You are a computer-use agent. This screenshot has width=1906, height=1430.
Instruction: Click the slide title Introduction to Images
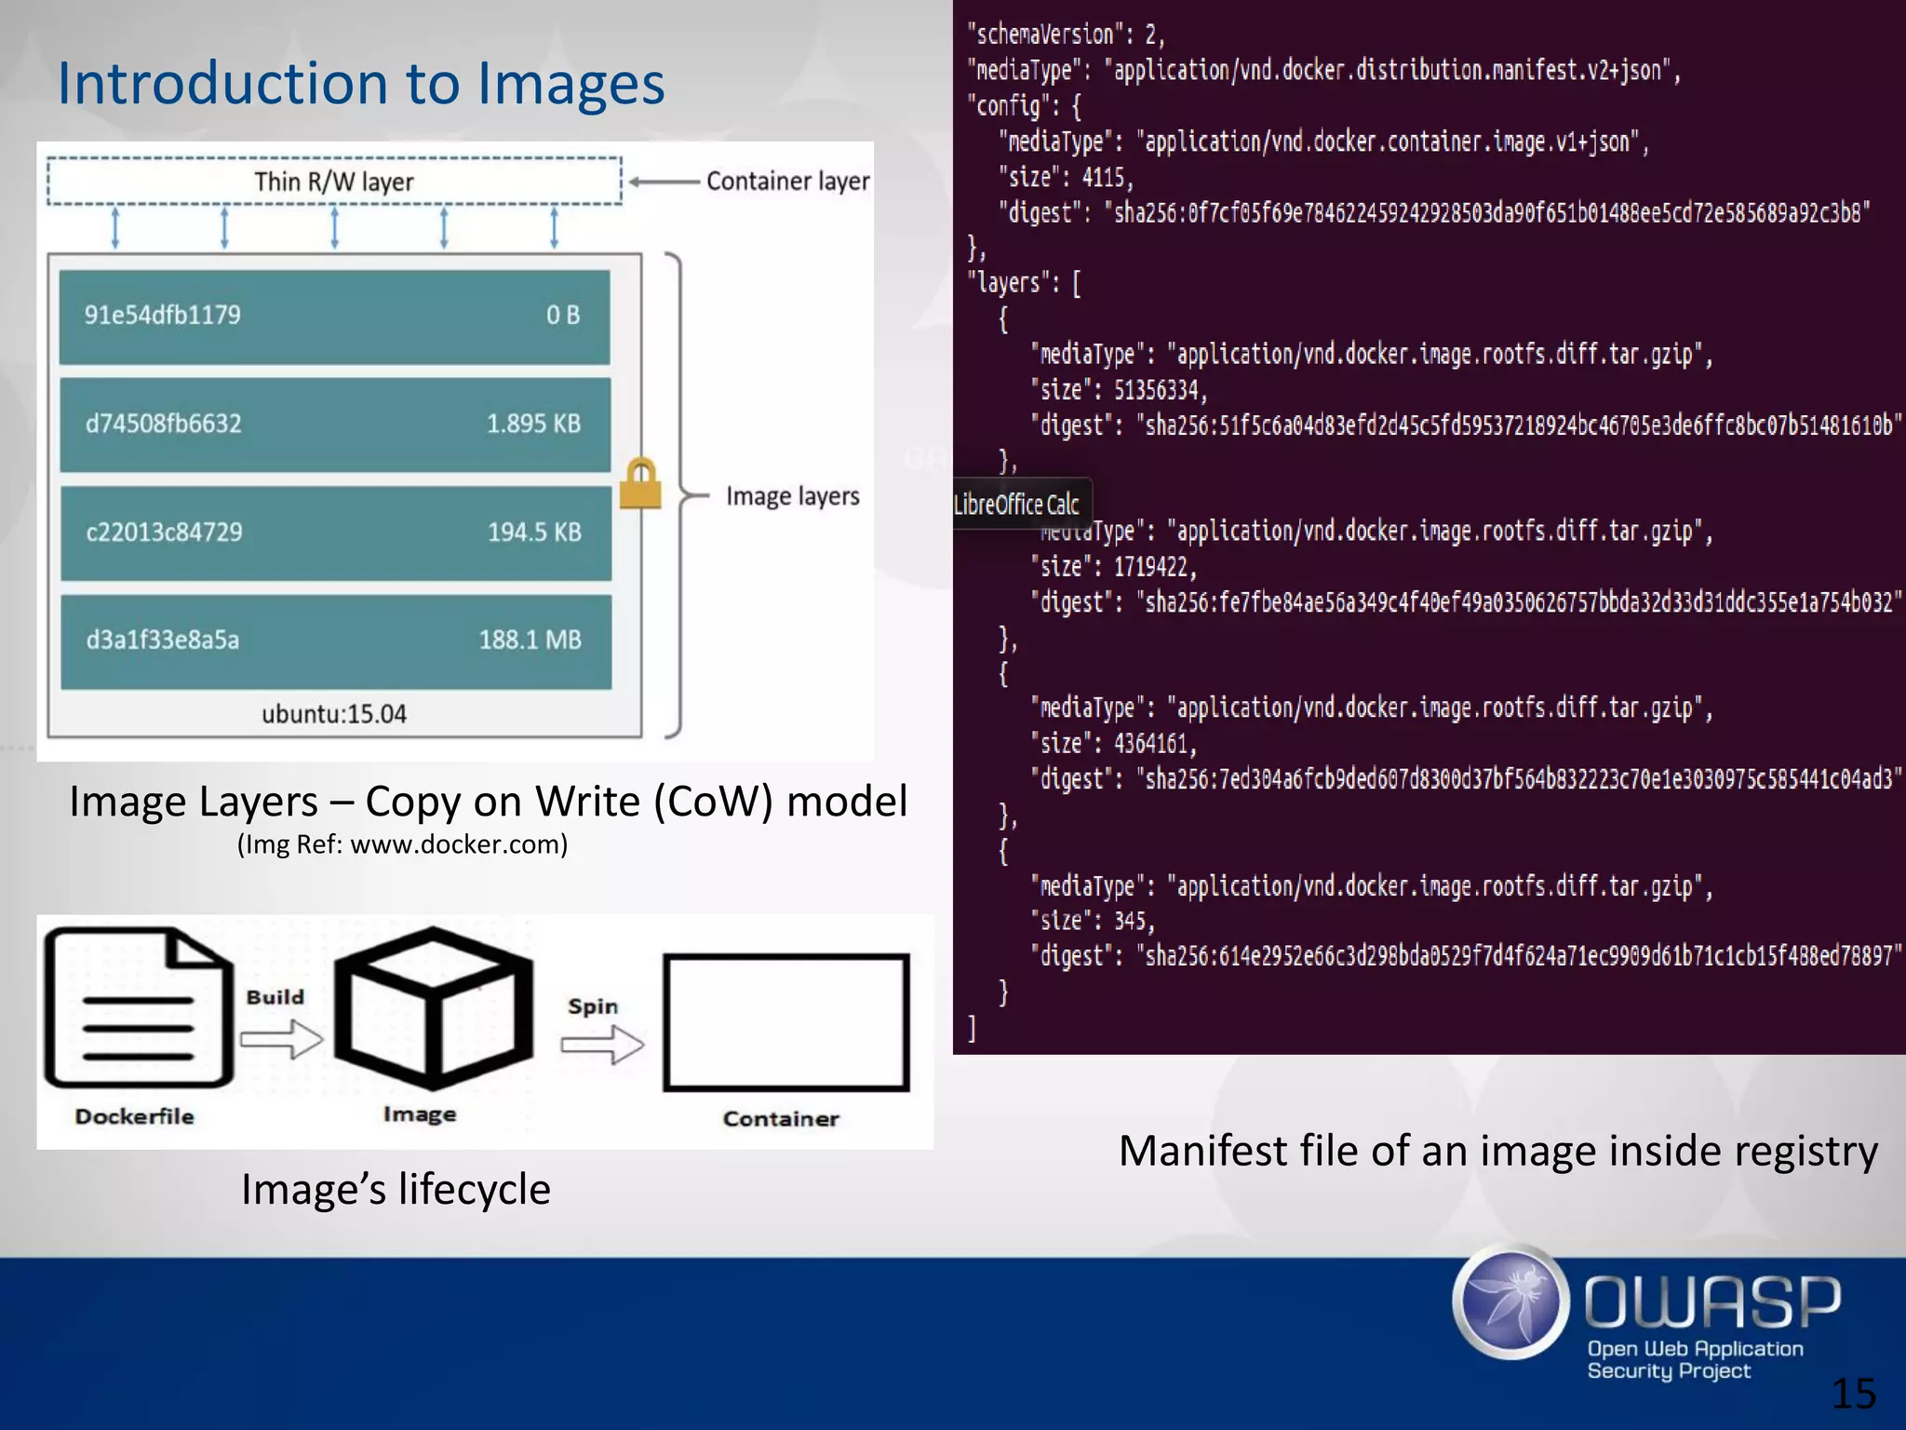point(361,84)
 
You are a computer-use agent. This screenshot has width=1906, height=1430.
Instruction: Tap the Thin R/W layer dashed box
point(334,181)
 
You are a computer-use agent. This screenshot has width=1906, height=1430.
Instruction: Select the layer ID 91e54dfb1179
point(163,315)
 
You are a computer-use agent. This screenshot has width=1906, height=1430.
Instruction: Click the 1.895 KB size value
point(533,424)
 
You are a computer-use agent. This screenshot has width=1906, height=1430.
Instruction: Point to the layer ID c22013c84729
point(164,532)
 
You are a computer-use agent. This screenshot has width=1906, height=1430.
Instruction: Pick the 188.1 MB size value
point(530,640)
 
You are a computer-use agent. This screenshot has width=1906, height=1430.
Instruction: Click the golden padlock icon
point(640,484)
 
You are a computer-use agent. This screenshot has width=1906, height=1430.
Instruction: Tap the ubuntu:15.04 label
point(334,714)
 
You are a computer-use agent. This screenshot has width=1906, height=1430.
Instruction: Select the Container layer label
point(787,181)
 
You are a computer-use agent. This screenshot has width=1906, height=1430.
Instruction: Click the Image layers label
point(792,496)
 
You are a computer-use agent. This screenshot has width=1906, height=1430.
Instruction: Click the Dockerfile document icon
point(138,1008)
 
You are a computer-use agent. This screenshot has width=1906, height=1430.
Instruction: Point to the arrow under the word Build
point(281,1038)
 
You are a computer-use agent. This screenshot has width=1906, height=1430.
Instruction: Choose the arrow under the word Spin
point(602,1045)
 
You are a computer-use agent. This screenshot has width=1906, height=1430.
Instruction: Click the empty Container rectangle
point(785,1022)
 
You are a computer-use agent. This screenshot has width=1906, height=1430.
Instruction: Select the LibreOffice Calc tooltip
point(1020,505)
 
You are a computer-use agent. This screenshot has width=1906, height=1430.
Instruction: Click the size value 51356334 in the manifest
point(1160,390)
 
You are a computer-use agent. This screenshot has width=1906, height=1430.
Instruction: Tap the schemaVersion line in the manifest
point(1066,35)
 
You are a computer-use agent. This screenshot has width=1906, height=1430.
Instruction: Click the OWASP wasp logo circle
point(1510,1301)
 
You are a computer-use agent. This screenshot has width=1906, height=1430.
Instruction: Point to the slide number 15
point(1853,1394)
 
